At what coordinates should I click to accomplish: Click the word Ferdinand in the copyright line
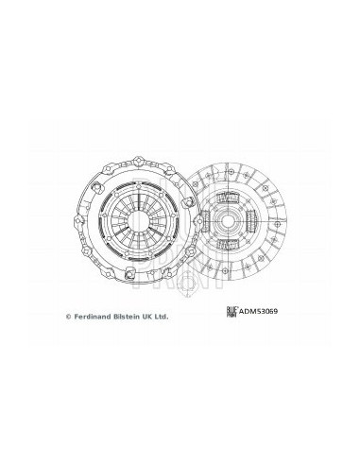92,317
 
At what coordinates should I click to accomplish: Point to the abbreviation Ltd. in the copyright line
161,317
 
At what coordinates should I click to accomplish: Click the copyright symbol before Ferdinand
68,317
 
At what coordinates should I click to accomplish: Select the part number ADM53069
258,312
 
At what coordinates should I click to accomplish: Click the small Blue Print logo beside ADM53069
232,312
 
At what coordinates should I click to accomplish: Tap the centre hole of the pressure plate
137,221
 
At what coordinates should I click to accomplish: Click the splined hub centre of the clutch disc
227,221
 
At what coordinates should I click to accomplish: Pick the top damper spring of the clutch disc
227,198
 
